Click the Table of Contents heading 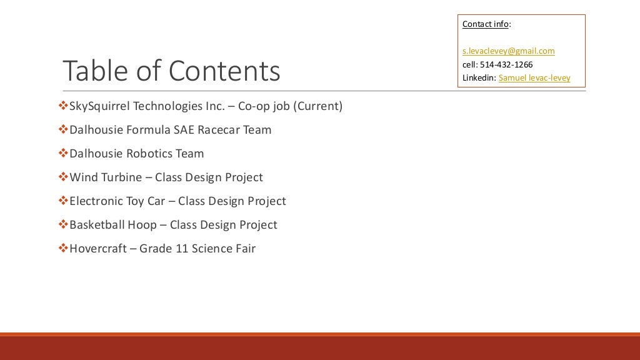click(171, 71)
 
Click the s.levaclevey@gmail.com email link click(508, 51)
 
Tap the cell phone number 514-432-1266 click(506, 64)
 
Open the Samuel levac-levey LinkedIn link click(534, 78)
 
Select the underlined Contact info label click(485, 24)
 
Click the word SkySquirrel click(100, 106)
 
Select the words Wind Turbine click(106, 177)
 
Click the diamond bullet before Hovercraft click(62, 248)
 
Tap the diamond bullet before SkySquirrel click(62, 106)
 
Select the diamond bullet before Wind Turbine click(62, 177)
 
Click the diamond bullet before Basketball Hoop click(62, 224)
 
